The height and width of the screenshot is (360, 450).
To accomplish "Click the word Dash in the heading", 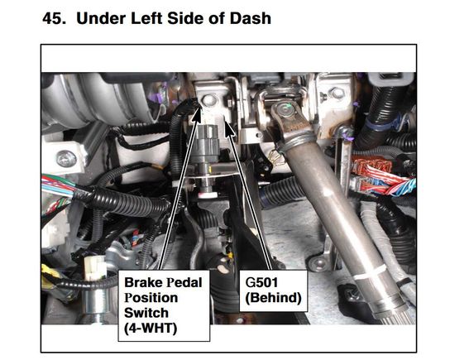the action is tap(251, 18).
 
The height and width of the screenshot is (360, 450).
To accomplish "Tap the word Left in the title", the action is tap(146, 18).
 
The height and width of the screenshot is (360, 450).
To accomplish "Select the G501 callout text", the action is tap(261, 282).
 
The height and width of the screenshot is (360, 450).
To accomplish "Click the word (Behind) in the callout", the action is tap(274, 298).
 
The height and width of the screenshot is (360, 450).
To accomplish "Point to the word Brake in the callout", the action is tap(140, 282).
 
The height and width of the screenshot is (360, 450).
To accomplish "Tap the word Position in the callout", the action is tap(151, 298).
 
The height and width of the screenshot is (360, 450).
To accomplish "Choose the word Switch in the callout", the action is tap(146, 313).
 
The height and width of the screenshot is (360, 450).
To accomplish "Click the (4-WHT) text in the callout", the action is tap(151, 328).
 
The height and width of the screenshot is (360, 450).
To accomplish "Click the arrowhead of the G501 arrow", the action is tap(228, 127).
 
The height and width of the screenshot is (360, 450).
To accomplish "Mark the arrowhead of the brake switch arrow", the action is tap(197, 114).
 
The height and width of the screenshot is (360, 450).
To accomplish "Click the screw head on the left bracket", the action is tap(66, 159).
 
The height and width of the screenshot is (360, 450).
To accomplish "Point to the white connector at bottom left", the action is tap(94, 267).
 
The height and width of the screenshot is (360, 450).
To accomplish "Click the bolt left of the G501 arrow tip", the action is tap(208, 100).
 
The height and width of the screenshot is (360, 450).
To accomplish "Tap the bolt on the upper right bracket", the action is tap(337, 93).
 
